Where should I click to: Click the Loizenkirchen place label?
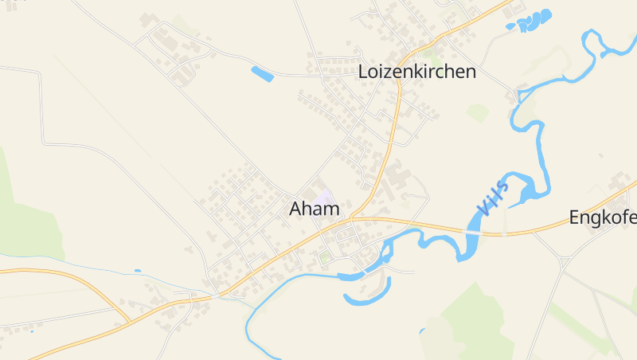[x=417, y=72]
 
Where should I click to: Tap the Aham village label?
[x=315, y=209]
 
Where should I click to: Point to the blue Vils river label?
[x=493, y=198]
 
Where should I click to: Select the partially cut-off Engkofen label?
[x=604, y=217]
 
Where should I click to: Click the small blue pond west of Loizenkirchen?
[x=262, y=74]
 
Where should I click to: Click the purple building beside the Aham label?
[x=323, y=196]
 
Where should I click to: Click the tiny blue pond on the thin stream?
[x=138, y=271]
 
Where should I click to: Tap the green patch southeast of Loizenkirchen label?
[x=478, y=112]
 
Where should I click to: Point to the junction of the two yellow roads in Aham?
[x=353, y=217]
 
